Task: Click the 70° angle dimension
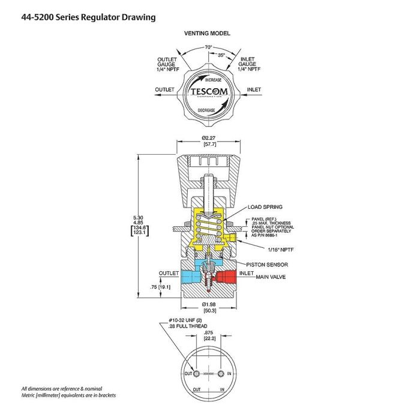pos(208,46)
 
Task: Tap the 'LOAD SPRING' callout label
pos(265,207)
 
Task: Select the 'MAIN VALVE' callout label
pos(271,277)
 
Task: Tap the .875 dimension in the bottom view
pos(209,332)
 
